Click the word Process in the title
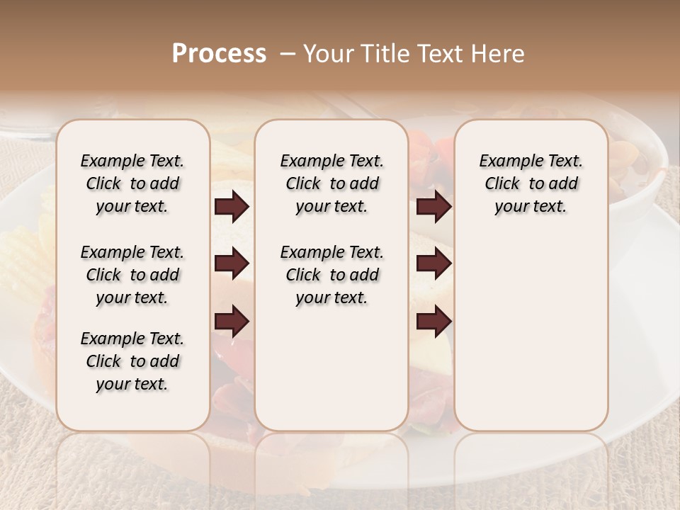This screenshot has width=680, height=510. pos(219,54)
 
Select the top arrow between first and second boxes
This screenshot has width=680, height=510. pos(232,207)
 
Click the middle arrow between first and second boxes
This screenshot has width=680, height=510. pos(232,264)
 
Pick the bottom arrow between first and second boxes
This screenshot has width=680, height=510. pos(232,321)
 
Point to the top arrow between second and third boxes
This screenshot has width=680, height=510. pos(433,207)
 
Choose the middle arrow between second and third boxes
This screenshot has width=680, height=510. pos(433,264)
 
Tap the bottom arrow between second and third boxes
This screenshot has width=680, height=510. pos(433,321)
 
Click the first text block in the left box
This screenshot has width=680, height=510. pos(132,183)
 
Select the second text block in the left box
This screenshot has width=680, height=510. pos(132,275)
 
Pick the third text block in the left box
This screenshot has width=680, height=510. pos(132,361)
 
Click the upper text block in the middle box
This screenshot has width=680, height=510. pos(331,183)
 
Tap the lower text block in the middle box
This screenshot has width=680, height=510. pos(331,275)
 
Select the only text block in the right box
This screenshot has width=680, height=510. pos(531,183)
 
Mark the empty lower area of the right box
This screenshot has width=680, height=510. pos(531,333)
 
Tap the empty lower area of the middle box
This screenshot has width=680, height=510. pos(331,368)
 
